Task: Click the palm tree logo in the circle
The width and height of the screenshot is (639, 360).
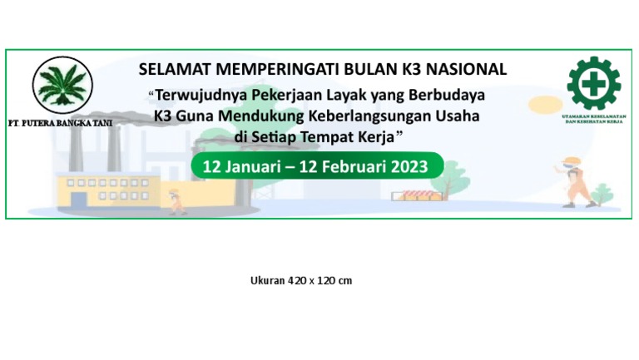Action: [62, 86]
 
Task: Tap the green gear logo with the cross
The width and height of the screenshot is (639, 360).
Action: [593, 83]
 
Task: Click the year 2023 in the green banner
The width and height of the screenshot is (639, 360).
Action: [401, 166]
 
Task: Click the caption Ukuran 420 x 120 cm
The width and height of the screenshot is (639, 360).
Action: [301, 280]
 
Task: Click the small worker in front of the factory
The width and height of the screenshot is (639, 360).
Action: [176, 200]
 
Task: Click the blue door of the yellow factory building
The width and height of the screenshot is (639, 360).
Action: [78, 200]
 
